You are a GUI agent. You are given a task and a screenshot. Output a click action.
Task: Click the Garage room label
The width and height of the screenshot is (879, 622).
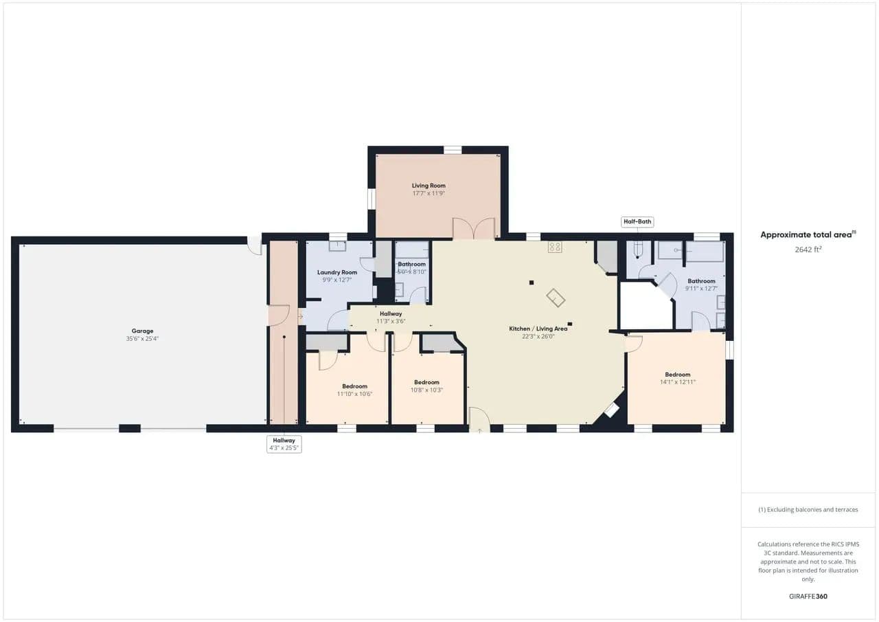coord(142,331)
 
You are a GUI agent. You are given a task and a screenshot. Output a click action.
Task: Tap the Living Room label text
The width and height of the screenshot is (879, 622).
coord(429,186)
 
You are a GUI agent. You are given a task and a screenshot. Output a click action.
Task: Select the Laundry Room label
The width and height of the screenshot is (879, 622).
coord(337,273)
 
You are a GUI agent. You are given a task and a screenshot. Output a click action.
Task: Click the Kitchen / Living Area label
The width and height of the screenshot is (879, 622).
coord(538,329)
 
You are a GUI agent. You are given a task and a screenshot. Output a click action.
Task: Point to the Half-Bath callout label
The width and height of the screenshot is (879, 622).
coord(637,222)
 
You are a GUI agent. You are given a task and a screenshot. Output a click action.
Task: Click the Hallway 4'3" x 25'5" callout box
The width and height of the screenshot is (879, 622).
coord(284,444)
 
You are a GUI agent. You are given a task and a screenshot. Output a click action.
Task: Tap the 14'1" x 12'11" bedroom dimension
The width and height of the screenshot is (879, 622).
coord(678,382)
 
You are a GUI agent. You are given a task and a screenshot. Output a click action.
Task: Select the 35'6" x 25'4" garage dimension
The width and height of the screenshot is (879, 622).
coord(142,338)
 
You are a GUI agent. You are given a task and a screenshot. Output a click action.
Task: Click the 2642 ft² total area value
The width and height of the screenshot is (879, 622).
coord(808,249)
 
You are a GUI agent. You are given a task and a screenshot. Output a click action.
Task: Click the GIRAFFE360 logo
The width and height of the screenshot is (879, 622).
coord(808,596)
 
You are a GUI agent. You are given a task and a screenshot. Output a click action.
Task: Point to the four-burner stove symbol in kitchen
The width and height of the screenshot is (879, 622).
coord(555,247)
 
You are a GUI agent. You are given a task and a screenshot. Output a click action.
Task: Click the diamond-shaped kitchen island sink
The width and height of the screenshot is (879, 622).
coord(556,298)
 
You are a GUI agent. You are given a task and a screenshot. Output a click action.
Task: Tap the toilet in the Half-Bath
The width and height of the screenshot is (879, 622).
coord(638,249)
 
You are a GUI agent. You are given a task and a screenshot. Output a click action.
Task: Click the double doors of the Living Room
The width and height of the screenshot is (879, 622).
coord(474,229)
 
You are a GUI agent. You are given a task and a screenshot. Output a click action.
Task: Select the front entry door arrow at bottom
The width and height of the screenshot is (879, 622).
coord(479,431)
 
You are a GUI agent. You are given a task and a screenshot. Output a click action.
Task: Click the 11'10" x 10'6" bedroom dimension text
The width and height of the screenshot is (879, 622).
coord(355,394)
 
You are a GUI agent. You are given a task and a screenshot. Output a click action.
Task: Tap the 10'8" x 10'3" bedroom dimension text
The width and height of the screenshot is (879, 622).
coord(426,390)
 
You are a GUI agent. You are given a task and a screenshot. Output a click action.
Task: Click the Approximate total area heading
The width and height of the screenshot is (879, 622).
coord(808,235)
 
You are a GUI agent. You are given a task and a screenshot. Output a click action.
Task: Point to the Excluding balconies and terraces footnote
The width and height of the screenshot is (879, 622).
coord(808,510)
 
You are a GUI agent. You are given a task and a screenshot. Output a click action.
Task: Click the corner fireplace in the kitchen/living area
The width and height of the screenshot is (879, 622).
coord(611,410)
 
